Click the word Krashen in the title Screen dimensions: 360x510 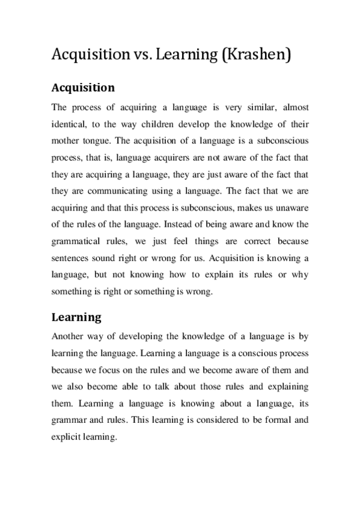(x=259, y=55)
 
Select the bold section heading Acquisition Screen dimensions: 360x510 (x=83, y=88)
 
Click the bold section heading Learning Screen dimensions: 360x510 (x=76, y=316)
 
